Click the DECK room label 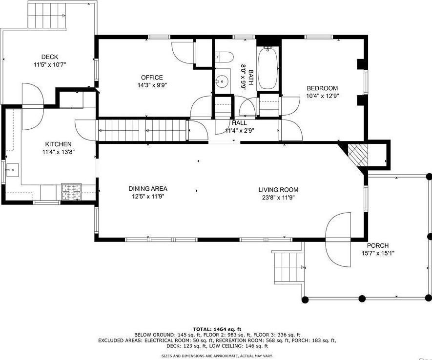[x=50, y=57]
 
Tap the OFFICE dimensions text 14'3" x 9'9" [x=152, y=85]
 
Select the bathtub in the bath [x=267, y=68]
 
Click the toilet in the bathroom [x=224, y=57]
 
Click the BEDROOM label [x=322, y=88]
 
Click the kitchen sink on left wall [x=12, y=170]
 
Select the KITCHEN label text [x=58, y=144]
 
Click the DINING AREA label [x=148, y=189]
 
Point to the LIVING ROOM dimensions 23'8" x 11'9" [x=278, y=198]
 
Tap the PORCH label [x=378, y=245]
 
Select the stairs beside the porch [x=288, y=267]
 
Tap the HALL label [x=239, y=123]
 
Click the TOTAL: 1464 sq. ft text [x=217, y=329]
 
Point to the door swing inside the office [x=183, y=52]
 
